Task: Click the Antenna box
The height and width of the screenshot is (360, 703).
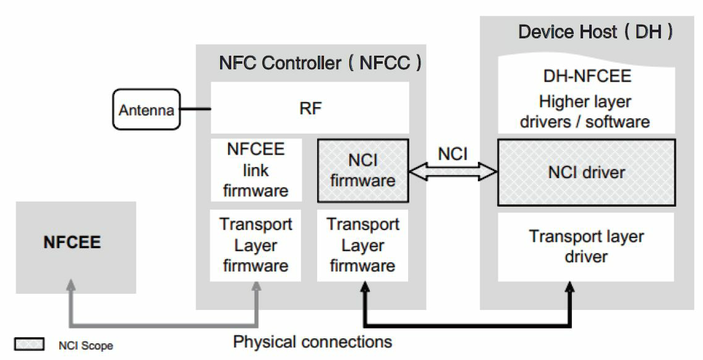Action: (x=147, y=110)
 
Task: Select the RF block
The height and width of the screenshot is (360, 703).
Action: (x=310, y=108)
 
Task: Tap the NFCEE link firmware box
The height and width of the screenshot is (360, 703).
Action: (x=255, y=169)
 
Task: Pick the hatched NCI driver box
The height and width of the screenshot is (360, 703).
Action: (x=586, y=172)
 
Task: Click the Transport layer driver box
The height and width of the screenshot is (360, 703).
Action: (x=586, y=246)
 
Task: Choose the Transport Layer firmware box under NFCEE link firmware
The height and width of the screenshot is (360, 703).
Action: (x=255, y=246)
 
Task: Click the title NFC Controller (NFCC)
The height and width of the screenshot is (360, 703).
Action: (x=320, y=62)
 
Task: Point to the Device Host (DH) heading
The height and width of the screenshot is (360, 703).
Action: (x=595, y=32)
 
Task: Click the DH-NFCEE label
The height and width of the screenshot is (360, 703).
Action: (x=586, y=76)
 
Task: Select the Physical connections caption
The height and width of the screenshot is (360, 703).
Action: (x=312, y=341)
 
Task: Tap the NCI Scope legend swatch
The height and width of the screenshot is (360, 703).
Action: (x=29, y=345)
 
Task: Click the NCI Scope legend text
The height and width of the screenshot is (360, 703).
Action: (x=86, y=346)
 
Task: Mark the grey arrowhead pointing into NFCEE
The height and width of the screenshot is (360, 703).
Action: (x=72, y=286)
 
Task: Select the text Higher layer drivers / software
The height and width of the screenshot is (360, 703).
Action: (x=586, y=111)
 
